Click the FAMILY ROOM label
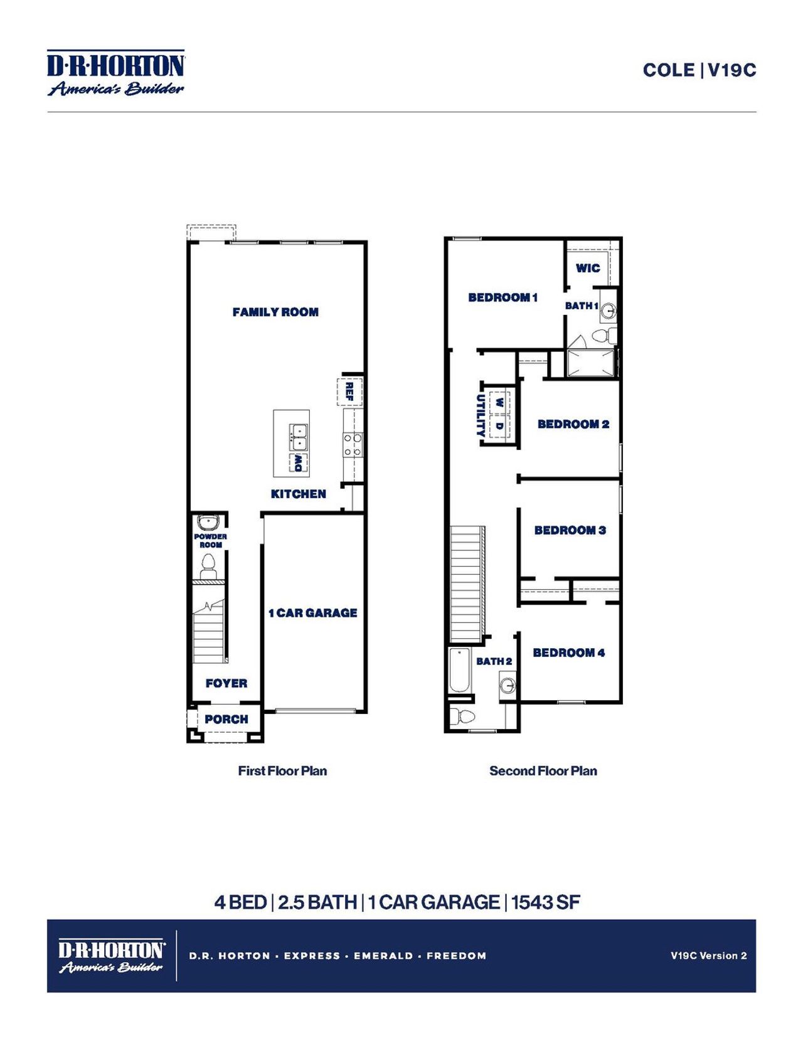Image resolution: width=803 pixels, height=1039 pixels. pos(275,312)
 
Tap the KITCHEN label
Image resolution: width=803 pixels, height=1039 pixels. pos(298,494)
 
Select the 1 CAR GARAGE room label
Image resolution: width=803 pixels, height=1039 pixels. pos(312,612)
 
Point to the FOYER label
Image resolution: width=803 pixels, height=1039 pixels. pos(226,683)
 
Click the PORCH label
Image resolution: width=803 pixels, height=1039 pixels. pos(226,719)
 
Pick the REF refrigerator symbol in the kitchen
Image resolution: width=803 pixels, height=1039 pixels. pos(350,392)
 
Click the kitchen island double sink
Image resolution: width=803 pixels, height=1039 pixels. pos(298,437)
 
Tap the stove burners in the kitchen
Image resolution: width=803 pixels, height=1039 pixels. pos(353,445)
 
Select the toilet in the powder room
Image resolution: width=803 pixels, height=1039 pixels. pos(208,569)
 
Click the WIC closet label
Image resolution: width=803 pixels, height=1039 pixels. pos(588,268)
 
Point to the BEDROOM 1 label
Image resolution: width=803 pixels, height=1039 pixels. pos(503,297)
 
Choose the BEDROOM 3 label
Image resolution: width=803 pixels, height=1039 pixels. pos(570,530)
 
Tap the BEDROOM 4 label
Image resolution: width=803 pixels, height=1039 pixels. pos(568,653)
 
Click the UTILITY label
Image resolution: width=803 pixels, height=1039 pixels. pos(481,415)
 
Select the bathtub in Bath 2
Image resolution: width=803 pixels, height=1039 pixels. pos(460,671)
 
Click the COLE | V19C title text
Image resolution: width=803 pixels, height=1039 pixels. pos(699,70)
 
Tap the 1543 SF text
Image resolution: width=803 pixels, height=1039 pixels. pos(545,902)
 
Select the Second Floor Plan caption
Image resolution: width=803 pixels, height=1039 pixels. pos(543,770)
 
